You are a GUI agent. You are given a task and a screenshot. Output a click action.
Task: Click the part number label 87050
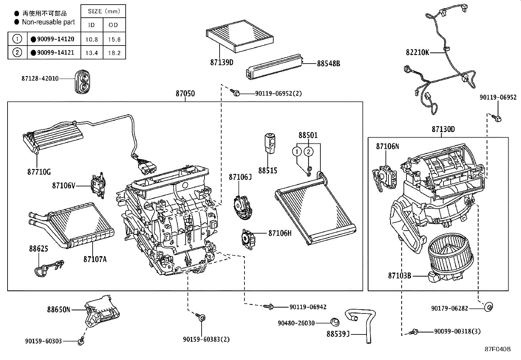point(185,94)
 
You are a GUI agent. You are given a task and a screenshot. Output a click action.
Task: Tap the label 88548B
point(328,64)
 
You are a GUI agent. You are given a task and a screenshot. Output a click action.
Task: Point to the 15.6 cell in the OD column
point(114,39)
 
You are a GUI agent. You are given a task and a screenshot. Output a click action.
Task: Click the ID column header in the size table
point(92,25)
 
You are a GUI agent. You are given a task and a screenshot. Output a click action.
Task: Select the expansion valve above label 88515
point(269,143)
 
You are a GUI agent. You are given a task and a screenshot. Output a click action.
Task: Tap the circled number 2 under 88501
point(308,151)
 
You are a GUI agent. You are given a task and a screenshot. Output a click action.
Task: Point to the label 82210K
point(417,52)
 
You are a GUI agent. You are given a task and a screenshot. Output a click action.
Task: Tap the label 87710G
point(39,172)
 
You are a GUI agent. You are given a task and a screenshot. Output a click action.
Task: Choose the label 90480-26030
point(296,323)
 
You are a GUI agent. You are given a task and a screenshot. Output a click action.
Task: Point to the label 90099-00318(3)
point(457,332)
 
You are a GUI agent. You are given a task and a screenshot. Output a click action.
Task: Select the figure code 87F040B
point(497,349)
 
